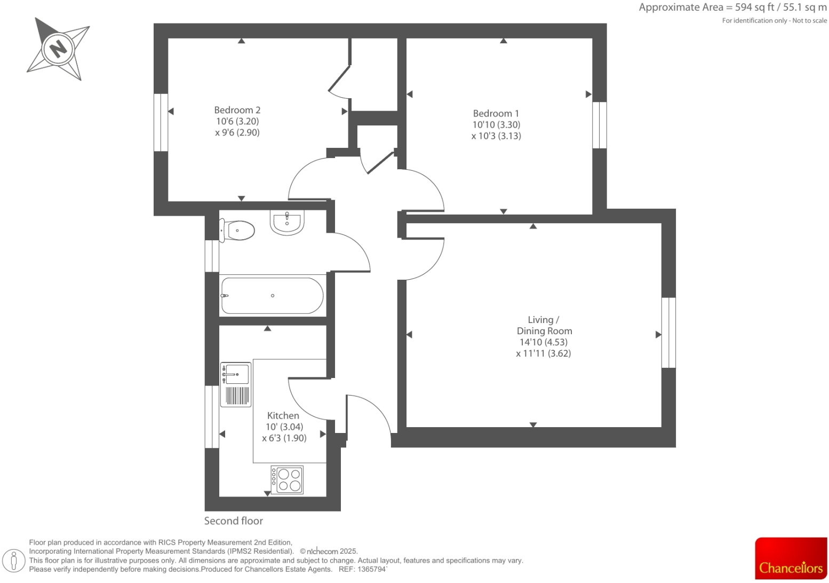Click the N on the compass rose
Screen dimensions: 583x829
point(58,49)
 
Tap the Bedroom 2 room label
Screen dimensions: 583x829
point(237,110)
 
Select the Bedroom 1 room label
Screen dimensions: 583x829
point(496,113)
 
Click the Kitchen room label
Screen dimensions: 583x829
point(283,415)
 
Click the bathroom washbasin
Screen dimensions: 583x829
point(287,222)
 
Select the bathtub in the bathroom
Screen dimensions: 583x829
point(272,296)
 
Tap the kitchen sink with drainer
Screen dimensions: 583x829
point(236,384)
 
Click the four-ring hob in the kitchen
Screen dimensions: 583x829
point(287,479)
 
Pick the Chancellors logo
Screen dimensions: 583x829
point(791,558)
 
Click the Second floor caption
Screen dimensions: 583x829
point(234,521)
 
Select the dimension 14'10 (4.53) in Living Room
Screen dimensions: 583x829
point(544,342)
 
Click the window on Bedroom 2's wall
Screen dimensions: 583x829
point(161,122)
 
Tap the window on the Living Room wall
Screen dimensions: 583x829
point(668,333)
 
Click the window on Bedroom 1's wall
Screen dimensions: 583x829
point(600,125)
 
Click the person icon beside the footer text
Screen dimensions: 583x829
point(14,561)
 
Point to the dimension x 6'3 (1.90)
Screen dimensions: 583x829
point(284,438)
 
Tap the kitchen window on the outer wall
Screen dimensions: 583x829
point(212,416)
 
